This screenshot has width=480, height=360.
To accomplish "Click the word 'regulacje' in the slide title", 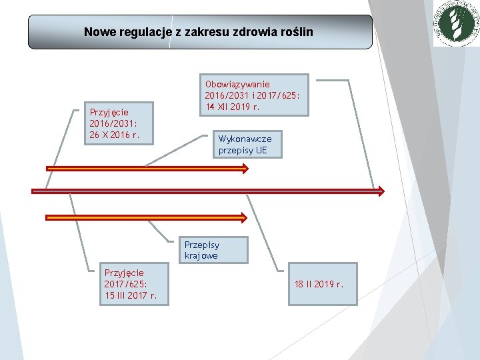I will click(x=141, y=31).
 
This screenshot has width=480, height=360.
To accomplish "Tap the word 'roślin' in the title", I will click(x=294, y=31).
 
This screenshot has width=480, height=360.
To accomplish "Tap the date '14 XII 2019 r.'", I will click(x=232, y=107).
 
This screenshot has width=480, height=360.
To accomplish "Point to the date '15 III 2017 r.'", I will click(x=131, y=295).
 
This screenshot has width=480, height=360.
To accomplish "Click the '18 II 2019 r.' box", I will click(x=318, y=285).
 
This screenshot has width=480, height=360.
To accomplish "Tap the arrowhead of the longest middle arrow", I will click(x=379, y=191).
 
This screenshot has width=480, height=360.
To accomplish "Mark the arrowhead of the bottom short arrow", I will click(x=243, y=217).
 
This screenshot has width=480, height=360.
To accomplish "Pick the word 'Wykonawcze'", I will click(x=245, y=139).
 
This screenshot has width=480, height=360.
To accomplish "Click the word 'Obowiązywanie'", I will click(x=238, y=84).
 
